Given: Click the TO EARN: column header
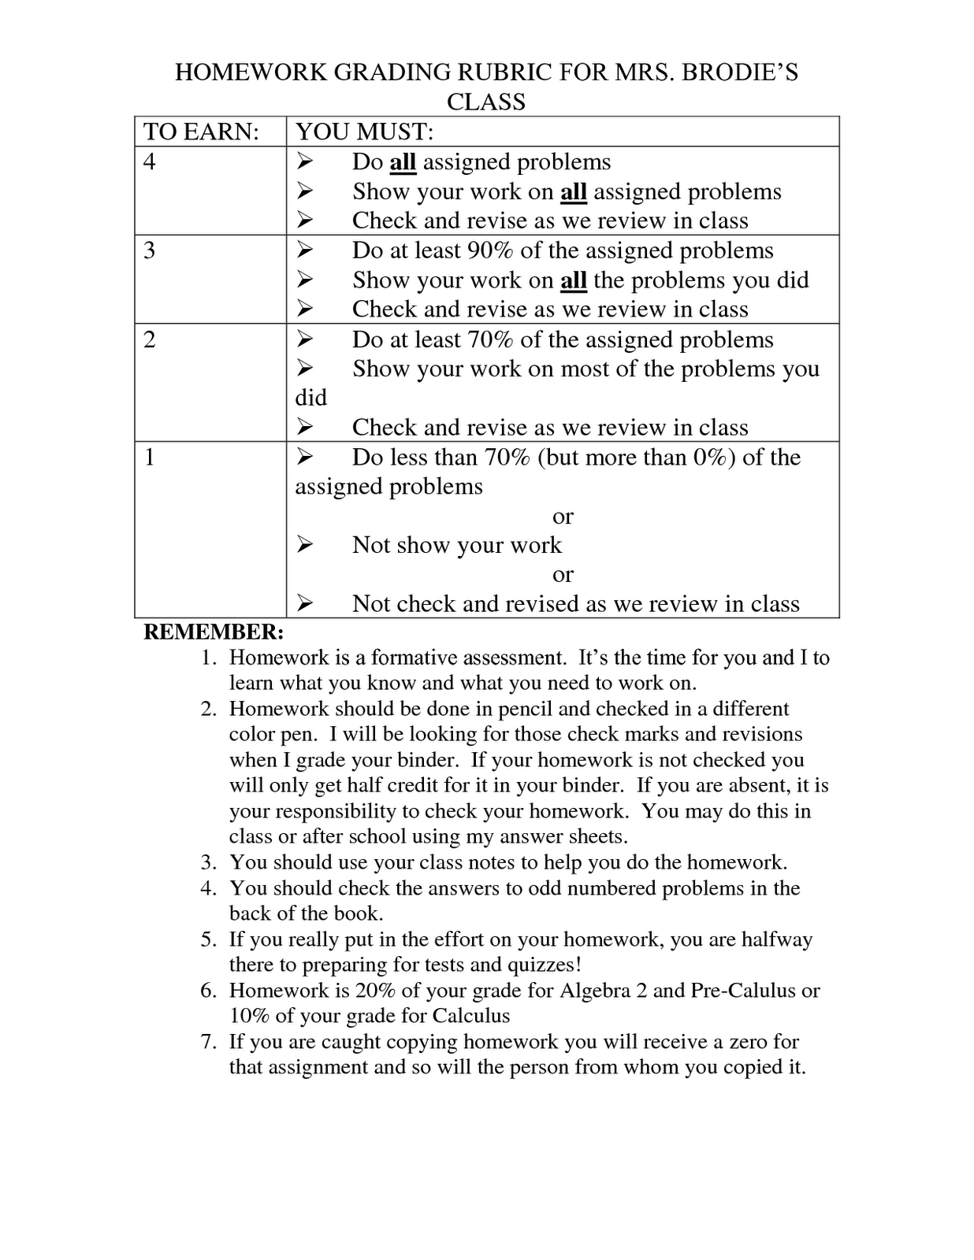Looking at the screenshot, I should click(202, 132).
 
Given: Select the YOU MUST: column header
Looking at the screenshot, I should click(365, 132).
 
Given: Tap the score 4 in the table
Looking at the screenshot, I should click(150, 161).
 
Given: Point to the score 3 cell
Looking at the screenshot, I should click(150, 250).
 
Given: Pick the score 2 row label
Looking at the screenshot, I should click(150, 339).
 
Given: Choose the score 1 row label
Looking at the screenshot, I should click(150, 458).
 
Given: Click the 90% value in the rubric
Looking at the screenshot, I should click(490, 250).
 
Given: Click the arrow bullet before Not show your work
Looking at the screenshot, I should click(305, 545).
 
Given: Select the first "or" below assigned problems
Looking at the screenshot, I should click(563, 517).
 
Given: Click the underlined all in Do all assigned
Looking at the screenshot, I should click(403, 162).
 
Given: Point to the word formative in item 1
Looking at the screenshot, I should click(414, 658).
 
